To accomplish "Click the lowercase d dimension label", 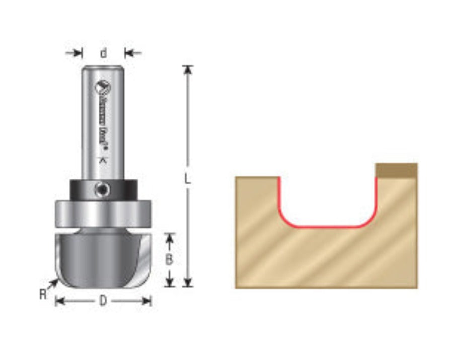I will tap(103, 52).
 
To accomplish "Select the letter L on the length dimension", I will tap(188, 179).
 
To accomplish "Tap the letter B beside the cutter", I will tap(170, 260).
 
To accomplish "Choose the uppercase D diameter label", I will tap(103, 301).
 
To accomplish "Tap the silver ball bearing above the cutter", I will tap(103, 213).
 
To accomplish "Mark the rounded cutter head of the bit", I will tap(103, 257).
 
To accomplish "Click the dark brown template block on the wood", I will tap(397, 170).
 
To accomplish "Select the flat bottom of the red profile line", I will tap(327, 227).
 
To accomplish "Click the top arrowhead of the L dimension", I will tap(188, 70).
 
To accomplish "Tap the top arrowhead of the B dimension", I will tap(170, 237).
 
